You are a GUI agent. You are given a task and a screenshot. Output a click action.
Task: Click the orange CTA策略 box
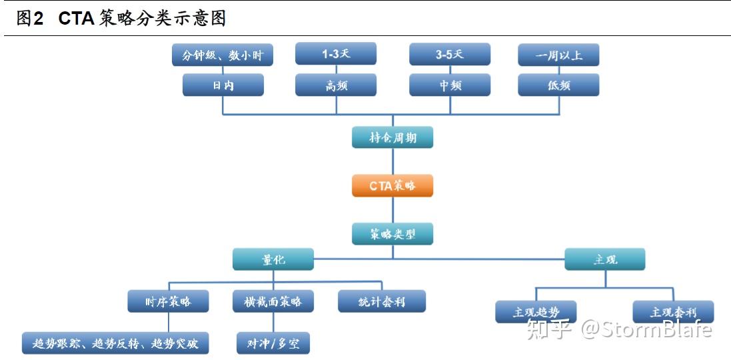(x=392, y=185)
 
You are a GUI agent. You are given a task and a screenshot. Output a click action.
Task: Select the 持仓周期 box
(x=392, y=137)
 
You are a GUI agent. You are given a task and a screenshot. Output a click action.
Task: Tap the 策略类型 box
(x=392, y=233)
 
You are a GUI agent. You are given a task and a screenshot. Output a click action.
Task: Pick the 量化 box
(x=273, y=259)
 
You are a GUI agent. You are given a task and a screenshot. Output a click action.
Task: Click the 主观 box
(x=605, y=259)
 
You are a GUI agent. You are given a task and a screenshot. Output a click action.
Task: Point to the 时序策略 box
(x=168, y=301)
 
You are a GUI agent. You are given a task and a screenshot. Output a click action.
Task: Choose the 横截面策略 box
(x=273, y=301)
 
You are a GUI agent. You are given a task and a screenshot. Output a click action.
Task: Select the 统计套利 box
(x=381, y=301)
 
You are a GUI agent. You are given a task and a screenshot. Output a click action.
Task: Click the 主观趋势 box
(x=536, y=311)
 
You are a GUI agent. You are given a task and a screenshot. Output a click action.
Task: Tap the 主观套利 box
(x=673, y=311)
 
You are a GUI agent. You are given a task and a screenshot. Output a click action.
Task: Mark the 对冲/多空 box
(x=273, y=343)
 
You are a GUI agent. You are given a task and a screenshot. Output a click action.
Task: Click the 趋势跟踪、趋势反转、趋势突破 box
(x=115, y=343)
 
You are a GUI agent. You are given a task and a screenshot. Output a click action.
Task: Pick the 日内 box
(x=223, y=85)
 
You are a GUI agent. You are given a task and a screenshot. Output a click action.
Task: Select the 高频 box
(x=336, y=85)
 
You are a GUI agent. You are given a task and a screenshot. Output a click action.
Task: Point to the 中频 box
(x=450, y=85)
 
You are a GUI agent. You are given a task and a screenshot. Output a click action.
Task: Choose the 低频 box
(x=558, y=85)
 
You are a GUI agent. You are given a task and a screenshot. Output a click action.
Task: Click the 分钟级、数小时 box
(x=223, y=55)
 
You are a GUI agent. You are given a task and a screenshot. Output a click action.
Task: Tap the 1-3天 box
(x=336, y=53)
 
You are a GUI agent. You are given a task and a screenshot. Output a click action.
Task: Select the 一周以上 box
(x=558, y=55)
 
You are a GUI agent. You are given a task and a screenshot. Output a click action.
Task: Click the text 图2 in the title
(x=29, y=19)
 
